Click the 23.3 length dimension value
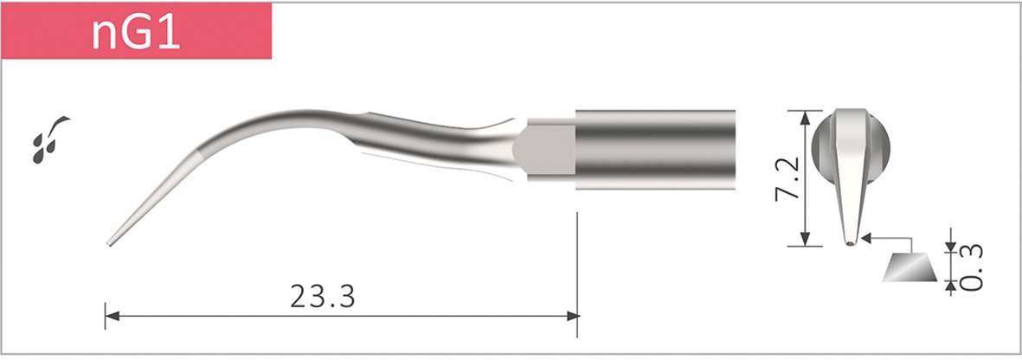[x=322, y=297]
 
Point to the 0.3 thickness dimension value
[x=972, y=269]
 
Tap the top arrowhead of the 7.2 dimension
[x=808, y=115]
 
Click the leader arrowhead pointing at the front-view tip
[x=868, y=235]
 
